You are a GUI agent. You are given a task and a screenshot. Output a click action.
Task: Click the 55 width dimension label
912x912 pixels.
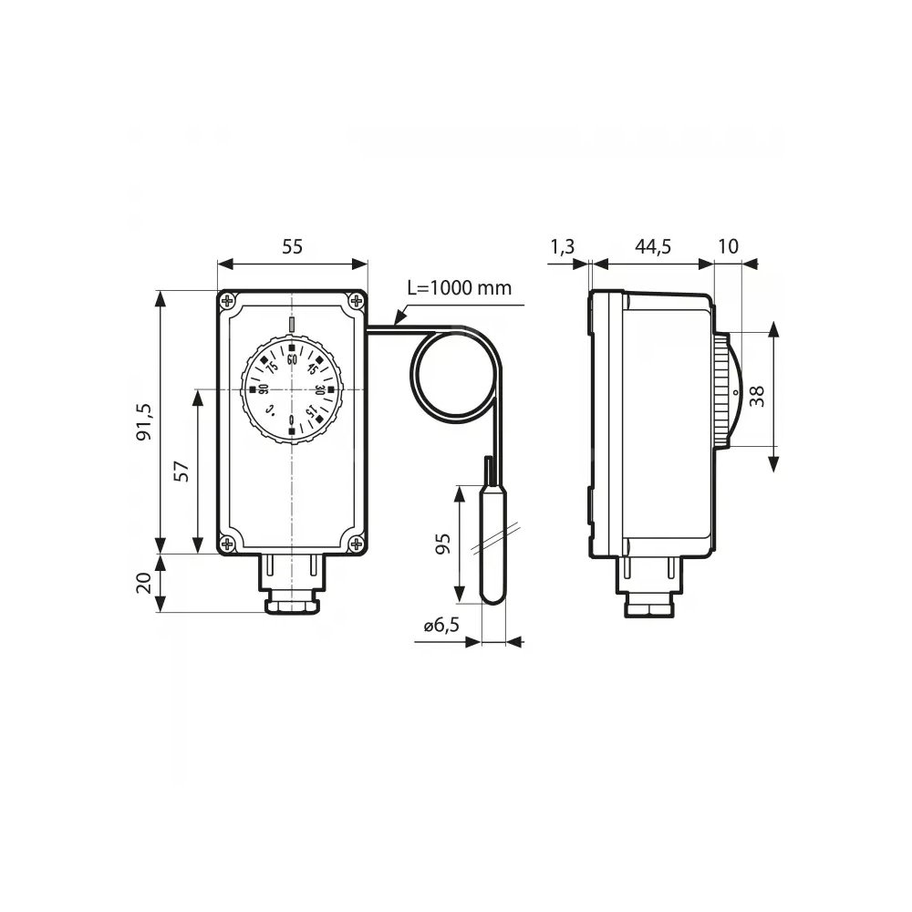tap(293, 246)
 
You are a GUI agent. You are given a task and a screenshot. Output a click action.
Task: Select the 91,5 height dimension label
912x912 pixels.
tap(144, 421)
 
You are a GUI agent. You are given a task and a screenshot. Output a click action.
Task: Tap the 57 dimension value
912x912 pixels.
tap(182, 471)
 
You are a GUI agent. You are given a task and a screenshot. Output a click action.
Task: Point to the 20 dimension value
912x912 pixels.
tap(144, 583)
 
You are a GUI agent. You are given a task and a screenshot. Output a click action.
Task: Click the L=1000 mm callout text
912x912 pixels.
tap(460, 288)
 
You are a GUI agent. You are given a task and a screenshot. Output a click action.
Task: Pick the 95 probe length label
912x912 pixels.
tap(443, 544)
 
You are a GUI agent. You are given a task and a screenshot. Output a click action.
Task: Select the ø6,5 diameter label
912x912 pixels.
tap(441, 626)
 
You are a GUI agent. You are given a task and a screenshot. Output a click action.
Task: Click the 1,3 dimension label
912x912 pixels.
tap(562, 247)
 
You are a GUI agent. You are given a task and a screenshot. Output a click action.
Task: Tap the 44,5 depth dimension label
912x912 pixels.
tap(653, 247)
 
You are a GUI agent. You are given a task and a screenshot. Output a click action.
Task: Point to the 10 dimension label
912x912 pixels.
tap(728, 246)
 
